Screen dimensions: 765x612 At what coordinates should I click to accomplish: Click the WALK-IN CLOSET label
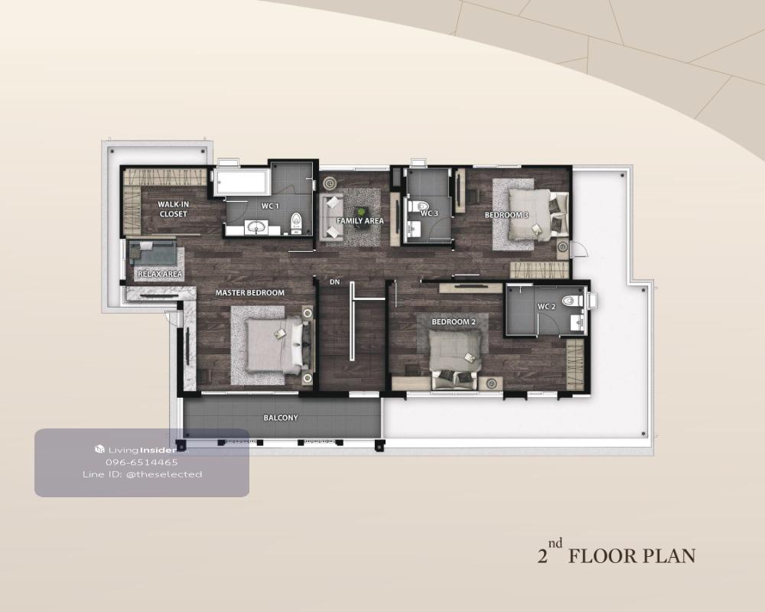pos(173,209)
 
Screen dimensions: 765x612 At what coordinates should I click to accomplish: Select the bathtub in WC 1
pos(240,182)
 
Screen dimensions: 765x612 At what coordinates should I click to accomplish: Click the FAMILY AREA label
pos(360,220)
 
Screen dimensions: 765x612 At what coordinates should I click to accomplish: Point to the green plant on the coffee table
pos(361,212)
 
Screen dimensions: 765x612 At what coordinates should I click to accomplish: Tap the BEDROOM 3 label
pos(506,215)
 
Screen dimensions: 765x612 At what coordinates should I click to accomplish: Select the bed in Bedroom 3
pos(538,215)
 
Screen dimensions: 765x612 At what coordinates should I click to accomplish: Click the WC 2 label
pos(546,307)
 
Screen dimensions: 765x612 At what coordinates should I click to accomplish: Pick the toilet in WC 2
pos(572,301)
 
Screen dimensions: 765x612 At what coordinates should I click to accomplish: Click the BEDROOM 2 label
pos(453,322)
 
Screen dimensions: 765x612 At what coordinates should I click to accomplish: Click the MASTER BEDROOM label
pos(250,293)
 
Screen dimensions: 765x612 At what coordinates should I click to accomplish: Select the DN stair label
pos(335,282)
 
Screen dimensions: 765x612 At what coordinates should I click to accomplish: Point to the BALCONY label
pos(281,418)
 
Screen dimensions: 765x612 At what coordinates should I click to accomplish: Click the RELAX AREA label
pos(160,275)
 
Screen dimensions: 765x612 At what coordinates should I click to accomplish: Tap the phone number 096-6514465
pos(142,462)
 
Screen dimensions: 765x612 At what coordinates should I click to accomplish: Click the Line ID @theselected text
pos(142,474)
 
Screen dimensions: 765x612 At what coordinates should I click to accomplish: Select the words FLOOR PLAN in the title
pos(632,556)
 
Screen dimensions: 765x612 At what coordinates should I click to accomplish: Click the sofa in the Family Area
pos(331,216)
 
